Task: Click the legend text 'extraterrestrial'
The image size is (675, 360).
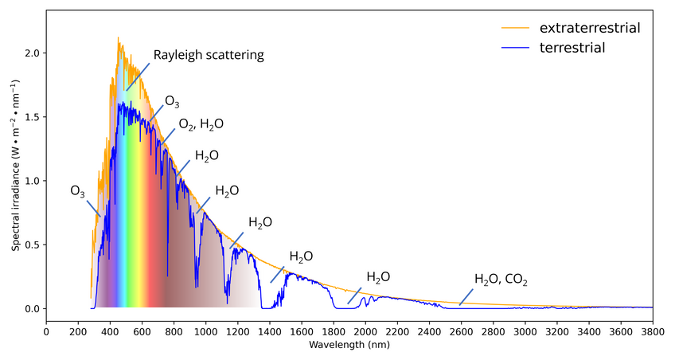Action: coord(590,28)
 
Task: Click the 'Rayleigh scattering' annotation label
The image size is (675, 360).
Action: coord(209,56)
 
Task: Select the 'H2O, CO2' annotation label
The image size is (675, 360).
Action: coord(501,280)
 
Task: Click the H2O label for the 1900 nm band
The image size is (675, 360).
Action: coord(378,277)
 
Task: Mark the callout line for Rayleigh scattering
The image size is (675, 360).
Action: coord(137,78)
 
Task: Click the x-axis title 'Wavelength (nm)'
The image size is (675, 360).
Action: coord(349,346)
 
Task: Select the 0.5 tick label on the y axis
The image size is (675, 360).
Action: coord(31,245)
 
